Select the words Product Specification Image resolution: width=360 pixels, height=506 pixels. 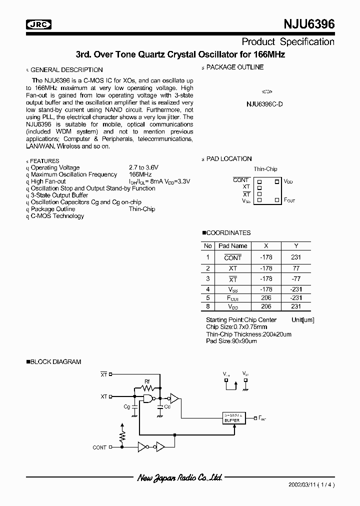click(288, 41)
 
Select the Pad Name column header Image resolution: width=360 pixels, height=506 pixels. click(233, 245)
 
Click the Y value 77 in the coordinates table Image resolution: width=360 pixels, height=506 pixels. click(296, 268)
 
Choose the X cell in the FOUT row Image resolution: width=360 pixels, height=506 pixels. click(266, 297)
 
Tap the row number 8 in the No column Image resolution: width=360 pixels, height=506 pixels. click(207, 305)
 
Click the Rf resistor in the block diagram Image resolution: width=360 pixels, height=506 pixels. click(147, 387)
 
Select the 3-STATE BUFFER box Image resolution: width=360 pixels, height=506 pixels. click(233, 417)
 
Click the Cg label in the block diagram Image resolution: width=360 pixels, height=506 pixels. click(126, 406)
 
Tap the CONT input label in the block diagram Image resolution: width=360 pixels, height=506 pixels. click(99, 447)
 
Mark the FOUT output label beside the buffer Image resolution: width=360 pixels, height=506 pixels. click(262, 417)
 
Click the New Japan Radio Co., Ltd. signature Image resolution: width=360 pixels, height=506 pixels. click(180, 478)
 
